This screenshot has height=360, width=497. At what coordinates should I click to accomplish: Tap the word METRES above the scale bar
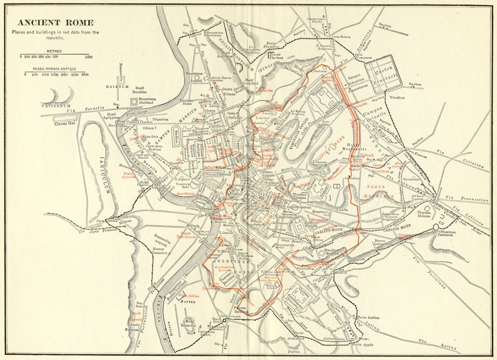point(54,51)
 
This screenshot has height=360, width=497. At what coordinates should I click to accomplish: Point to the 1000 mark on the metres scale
point(89,57)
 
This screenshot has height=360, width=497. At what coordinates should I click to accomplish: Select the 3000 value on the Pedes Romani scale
point(84,75)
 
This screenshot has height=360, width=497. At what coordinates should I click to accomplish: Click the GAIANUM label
point(116,87)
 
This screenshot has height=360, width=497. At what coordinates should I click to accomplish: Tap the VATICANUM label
point(56,105)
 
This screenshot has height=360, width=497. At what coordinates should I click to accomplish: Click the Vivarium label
point(398,97)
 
